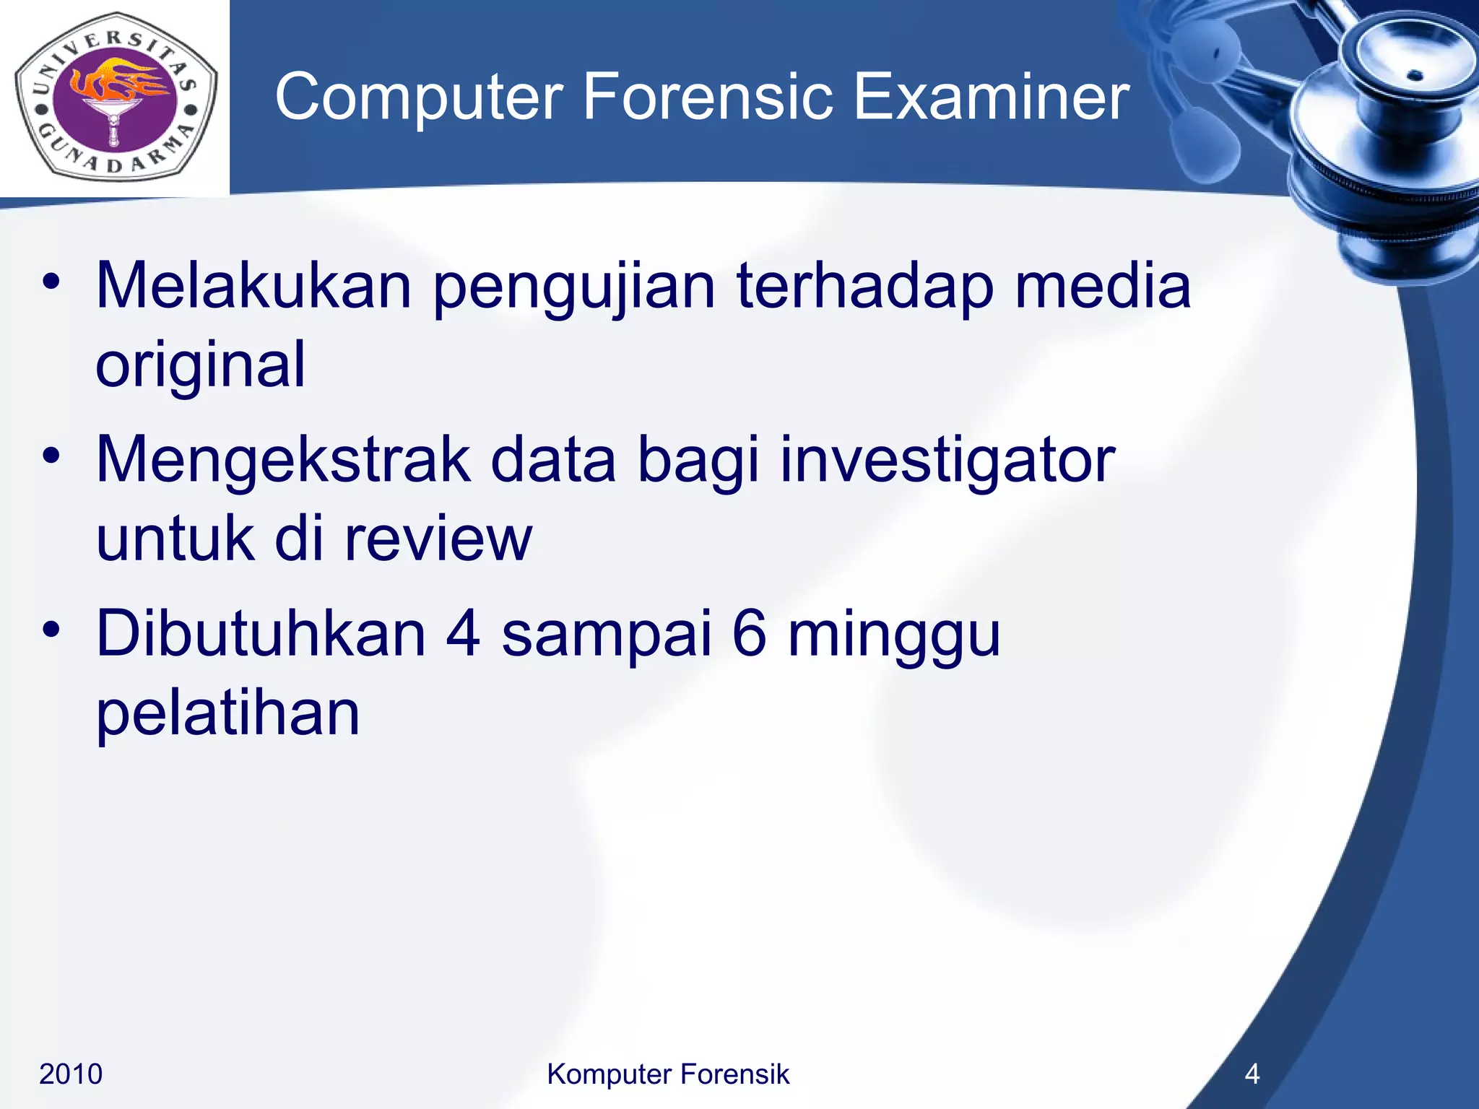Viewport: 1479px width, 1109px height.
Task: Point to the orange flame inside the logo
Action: coord(119,83)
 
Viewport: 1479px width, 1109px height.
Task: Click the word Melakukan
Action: coord(253,286)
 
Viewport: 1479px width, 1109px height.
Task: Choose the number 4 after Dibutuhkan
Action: coord(462,634)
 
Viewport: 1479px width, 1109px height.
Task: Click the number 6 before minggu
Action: coord(749,634)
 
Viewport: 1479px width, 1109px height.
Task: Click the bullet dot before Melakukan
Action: coord(51,282)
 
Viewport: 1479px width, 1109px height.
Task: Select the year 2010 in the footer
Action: coord(71,1074)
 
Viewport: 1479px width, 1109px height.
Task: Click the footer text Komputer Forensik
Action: coord(668,1074)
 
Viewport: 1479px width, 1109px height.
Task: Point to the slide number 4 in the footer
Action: coord(1252,1074)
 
